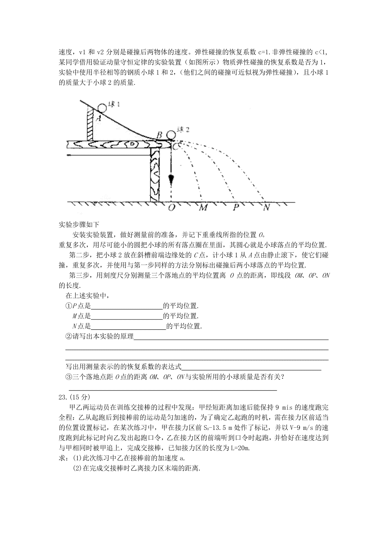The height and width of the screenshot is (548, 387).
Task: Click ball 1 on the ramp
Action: [x=102, y=107]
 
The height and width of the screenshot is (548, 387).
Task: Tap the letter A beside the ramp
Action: [x=99, y=118]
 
